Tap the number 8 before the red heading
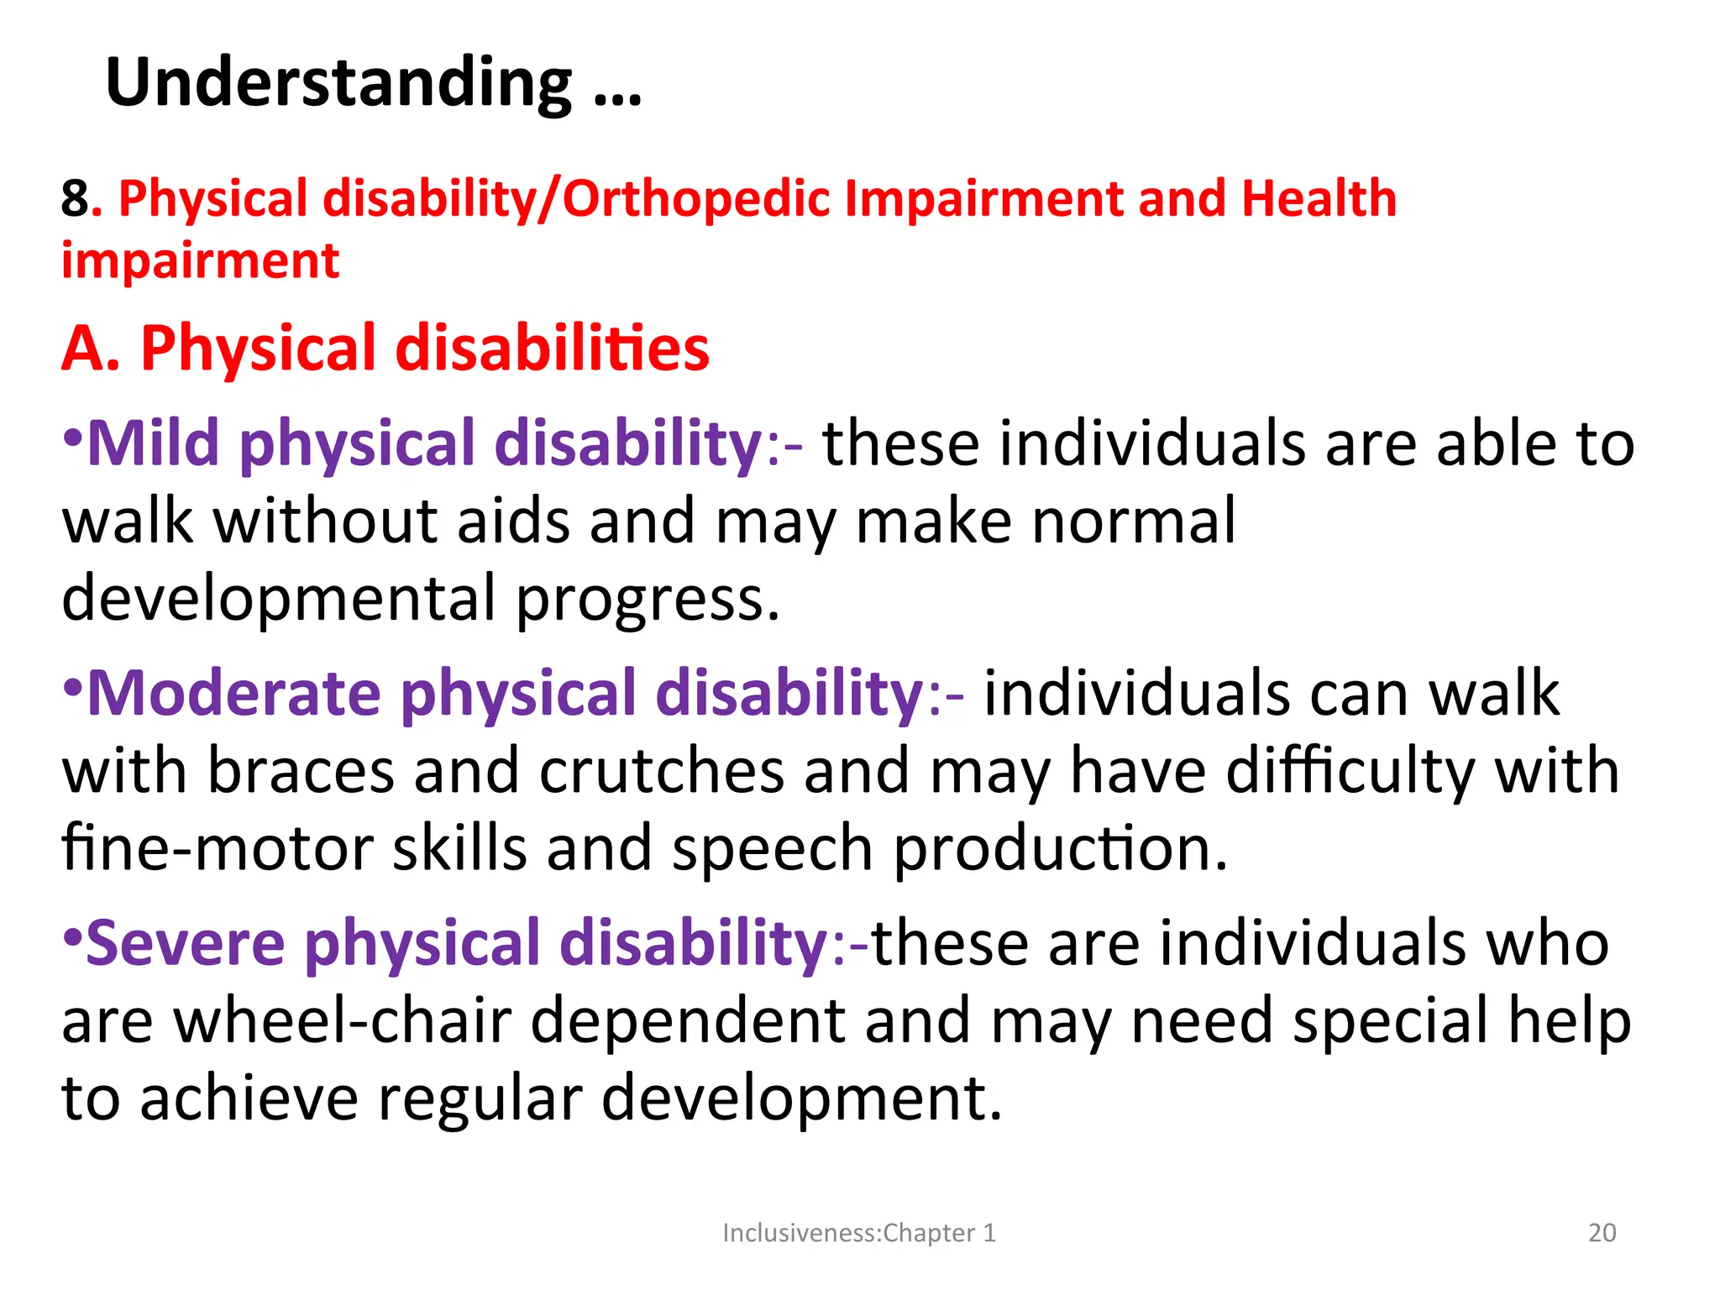click(74, 200)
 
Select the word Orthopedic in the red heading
click(695, 200)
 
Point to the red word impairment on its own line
click(200, 261)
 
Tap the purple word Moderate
click(233, 694)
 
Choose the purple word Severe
click(185, 943)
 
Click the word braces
click(301, 771)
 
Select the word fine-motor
click(218, 849)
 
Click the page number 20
click(1602, 1233)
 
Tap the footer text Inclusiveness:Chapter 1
click(858, 1233)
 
